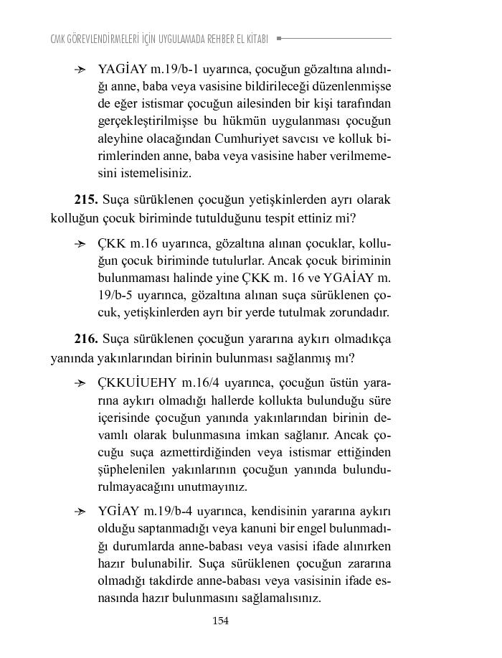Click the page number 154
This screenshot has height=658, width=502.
coord(220,621)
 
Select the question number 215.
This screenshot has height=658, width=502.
coord(86,199)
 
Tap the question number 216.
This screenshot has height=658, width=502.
coord(86,339)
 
